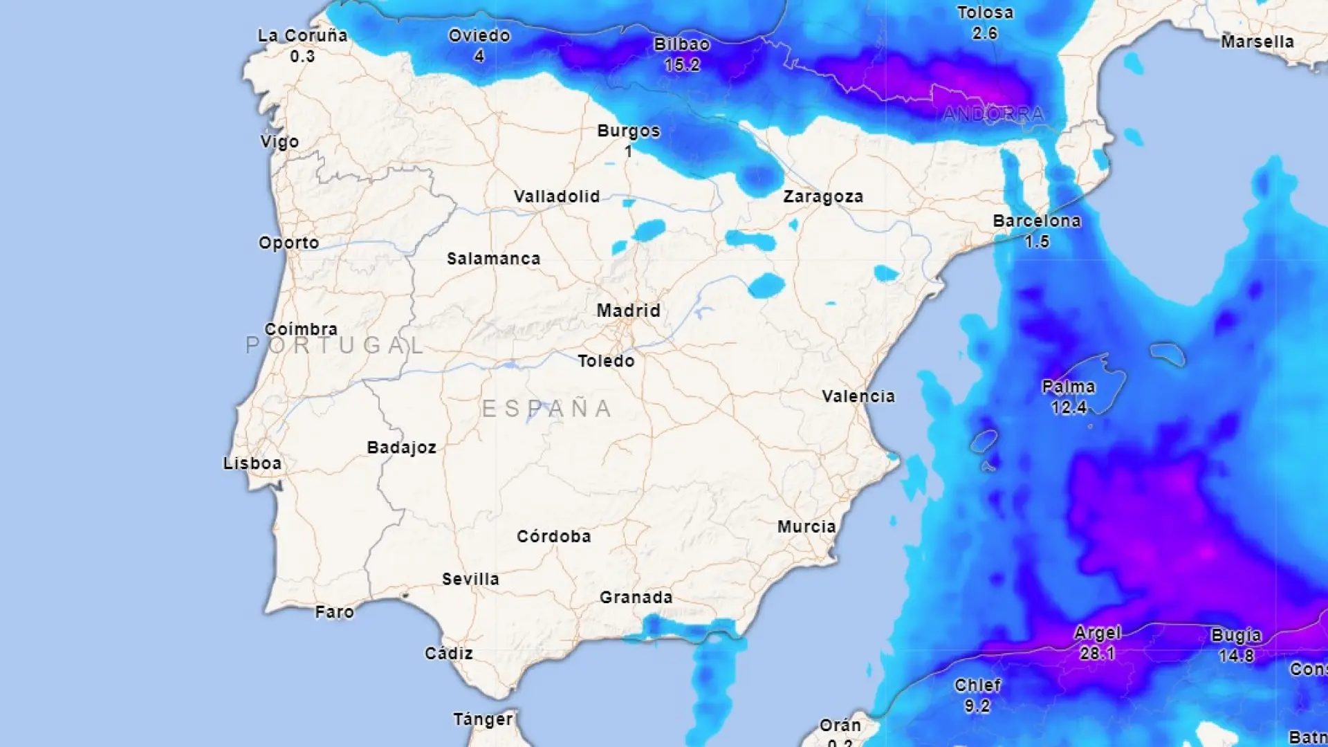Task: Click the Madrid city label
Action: tap(628, 311)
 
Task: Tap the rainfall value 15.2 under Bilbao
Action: tap(682, 65)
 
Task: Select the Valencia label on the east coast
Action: tap(858, 396)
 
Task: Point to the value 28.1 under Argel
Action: tap(1097, 654)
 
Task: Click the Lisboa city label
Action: tap(252, 463)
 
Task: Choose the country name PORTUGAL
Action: tap(335, 345)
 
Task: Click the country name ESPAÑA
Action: tap(546, 409)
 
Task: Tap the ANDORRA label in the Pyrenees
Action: tap(993, 114)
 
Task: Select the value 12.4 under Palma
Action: tap(1069, 407)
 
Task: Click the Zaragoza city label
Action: tap(823, 196)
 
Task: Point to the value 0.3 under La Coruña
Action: tap(302, 57)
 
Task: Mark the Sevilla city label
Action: tap(470, 579)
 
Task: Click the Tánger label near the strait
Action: tap(483, 719)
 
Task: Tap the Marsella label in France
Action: tap(1257, 42)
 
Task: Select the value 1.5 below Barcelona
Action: tap(1037, 242)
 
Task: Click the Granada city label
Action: tap(636, 598)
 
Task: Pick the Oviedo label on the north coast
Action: tap(479, 36)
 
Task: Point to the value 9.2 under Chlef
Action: tap(977, 706)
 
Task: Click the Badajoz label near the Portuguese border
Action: tap(401, 448)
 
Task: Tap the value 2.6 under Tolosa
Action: tap(984, 33)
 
